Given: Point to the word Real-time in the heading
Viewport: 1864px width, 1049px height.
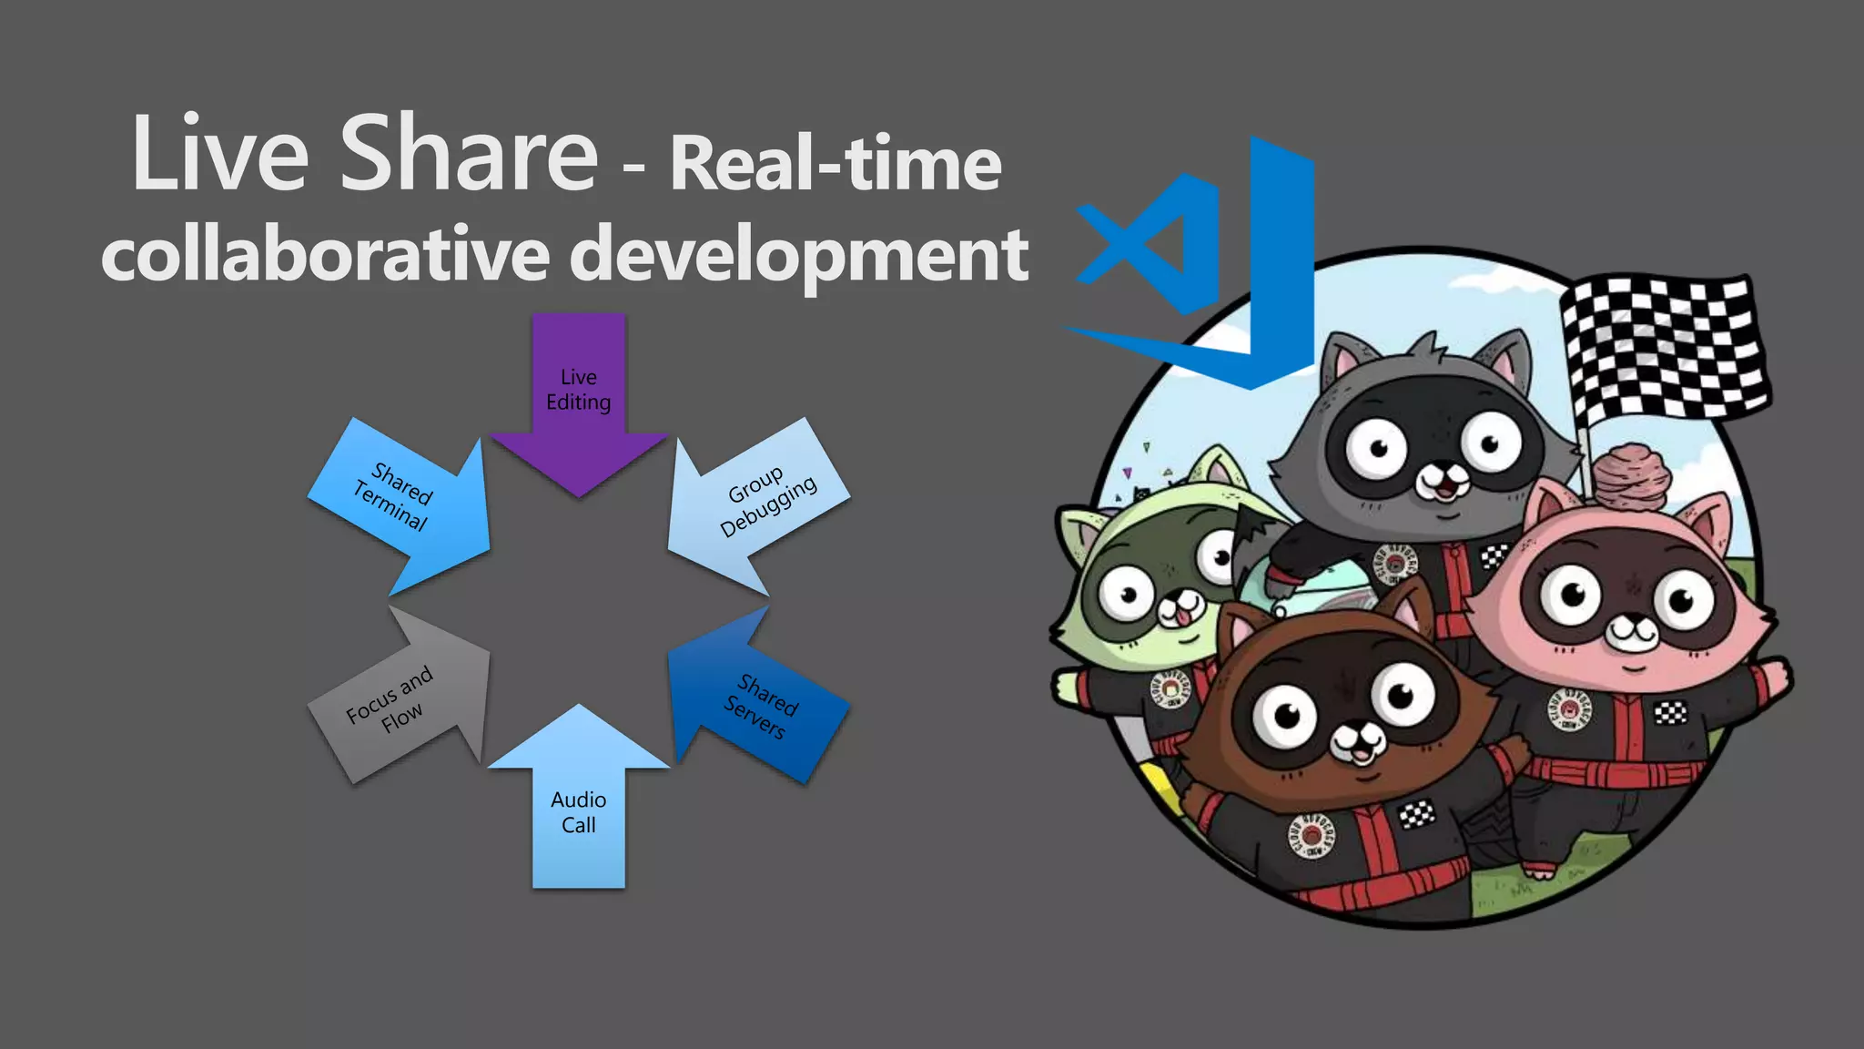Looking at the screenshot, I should point(836,164).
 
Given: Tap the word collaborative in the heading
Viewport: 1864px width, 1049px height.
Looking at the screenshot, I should point(325,255).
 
